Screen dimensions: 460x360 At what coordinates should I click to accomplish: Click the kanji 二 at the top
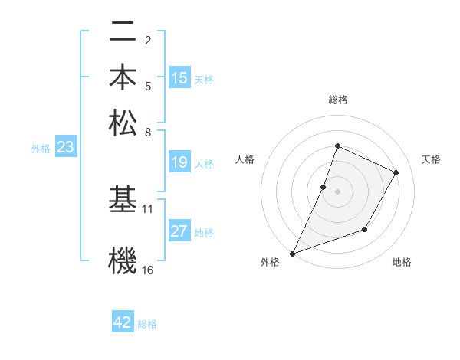[x=123, y=33]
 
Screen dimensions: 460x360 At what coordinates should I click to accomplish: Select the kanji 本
[x=123, y=77]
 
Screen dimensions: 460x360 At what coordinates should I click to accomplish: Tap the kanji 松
[x=123, y=122]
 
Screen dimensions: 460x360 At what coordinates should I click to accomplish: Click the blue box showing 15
[x=179, y=78]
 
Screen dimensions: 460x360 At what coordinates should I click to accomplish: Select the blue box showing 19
[x=179, y=162]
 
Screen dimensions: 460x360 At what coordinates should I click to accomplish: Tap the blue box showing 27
[x=179, y=232]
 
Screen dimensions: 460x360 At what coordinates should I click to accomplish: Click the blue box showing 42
[x=123, y=323]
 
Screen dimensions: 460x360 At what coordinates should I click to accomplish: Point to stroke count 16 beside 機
[x=148, y=270]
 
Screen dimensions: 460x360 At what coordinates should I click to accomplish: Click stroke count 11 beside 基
[x=148, y=208]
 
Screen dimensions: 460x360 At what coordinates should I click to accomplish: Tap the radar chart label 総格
[x=337, y=100]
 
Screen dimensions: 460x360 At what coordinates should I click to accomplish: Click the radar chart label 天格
[x=431, y=159]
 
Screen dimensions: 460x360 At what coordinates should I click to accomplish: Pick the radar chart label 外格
[x=270, y=263]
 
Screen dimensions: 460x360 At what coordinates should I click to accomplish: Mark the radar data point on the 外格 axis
[x=292, y=253]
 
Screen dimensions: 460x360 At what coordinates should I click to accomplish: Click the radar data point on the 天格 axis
[x=396, y=172]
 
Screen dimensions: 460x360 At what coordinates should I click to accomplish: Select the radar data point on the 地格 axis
[x=365, y=229]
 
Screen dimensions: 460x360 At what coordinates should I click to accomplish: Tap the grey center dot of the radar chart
[x=337, y=191]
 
